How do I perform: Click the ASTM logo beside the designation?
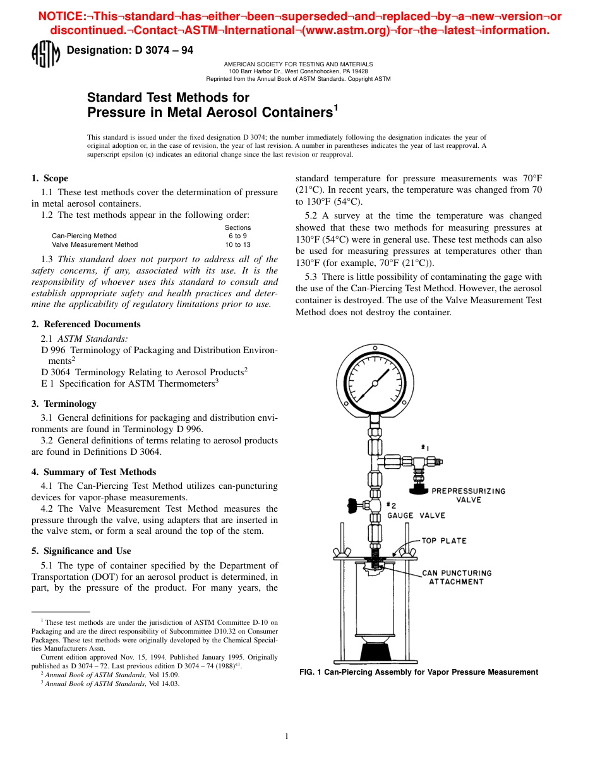(x=45, y=55)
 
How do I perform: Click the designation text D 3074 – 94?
(x=129, y=51)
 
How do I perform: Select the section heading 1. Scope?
(x=50, y=178)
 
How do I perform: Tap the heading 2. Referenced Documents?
(x=86, y=324)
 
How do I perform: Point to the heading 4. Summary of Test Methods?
(x=93, y=472)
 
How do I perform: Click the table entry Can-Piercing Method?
(x=84, y=236)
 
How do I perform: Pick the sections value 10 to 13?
(x=237, y=244)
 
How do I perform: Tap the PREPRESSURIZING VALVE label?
(x=468, y=495)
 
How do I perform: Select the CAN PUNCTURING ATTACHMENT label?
(x=456, y=577)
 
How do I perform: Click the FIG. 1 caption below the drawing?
(x=418, y=672)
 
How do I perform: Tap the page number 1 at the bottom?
(x=287, y=736)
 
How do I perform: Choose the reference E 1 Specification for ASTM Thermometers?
(x=129, y=382)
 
